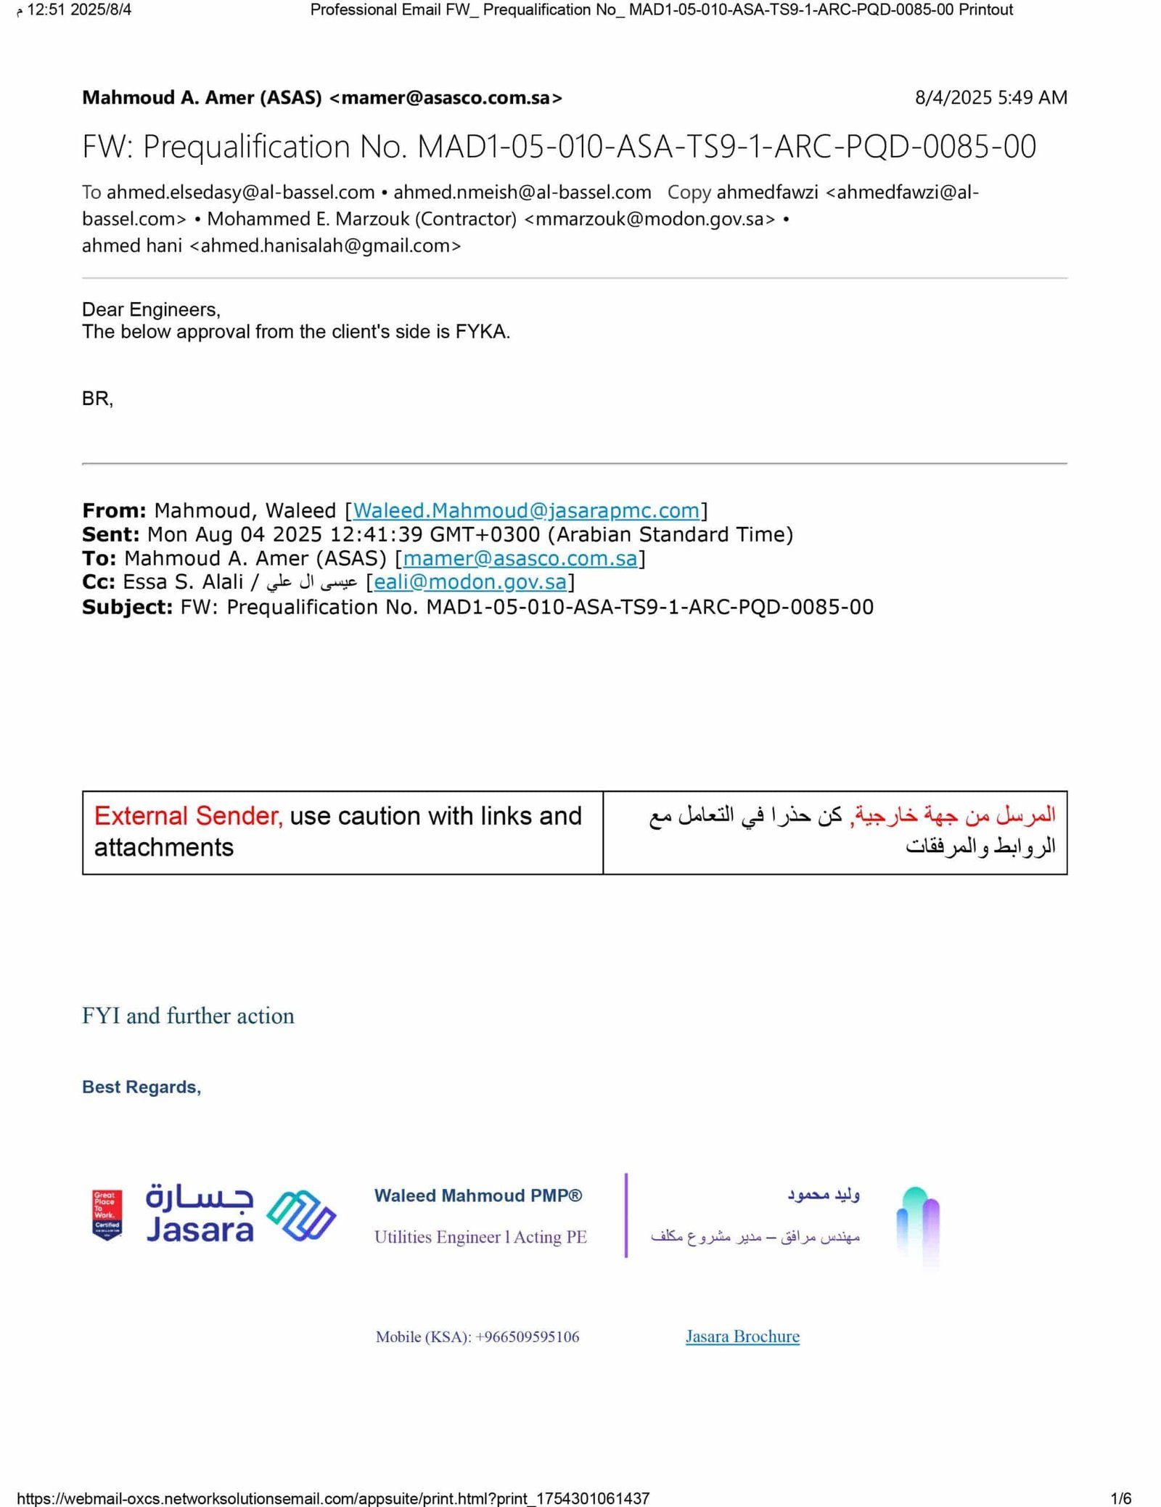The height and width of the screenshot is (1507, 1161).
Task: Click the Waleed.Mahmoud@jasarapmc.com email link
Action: pyautogui.click(x=526, y=510)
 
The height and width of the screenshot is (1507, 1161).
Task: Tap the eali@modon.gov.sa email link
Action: pyautogui.click(x=469, y=581)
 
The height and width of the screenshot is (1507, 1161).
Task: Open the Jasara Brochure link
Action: pyautogui.click(x=742, y=1336)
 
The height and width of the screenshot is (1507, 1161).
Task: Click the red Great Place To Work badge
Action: pyautogui.click(x=107, y=1215)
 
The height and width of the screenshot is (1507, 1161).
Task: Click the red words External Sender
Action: pyautogui.click(x=188, y=816)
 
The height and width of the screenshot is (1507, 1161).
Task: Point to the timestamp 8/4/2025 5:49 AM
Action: pyautogui.click(x=990, y=98)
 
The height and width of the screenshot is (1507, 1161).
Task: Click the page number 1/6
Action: pyautogui.click(x=1121, y=1498)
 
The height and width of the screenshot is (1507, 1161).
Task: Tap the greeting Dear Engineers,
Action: pyautogui.click(x=151, y=310)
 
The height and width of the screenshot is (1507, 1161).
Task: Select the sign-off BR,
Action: pyautogui.click(x=97, y=399)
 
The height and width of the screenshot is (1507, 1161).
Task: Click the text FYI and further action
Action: pyautogui.click(x=188, y=1016)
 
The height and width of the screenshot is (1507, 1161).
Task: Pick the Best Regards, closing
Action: pyautogui.click(x=141, y=1087)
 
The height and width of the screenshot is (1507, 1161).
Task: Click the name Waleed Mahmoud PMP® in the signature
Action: pyautogui.click(x=478, y=1196)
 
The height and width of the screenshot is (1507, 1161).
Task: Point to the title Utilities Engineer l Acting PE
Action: pyautogui.click(x=480, y=1237)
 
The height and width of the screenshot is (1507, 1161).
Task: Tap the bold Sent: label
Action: pyautogui.click(x=110, y=535)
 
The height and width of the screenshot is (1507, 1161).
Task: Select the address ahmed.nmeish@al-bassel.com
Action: pyautogui.click(x=522, y=192)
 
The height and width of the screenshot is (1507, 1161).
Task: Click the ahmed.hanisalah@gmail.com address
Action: pyautogui.click(x=325, y=246)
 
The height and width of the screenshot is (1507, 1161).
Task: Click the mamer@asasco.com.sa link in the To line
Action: pyautogui.click(x=520, y=558)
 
